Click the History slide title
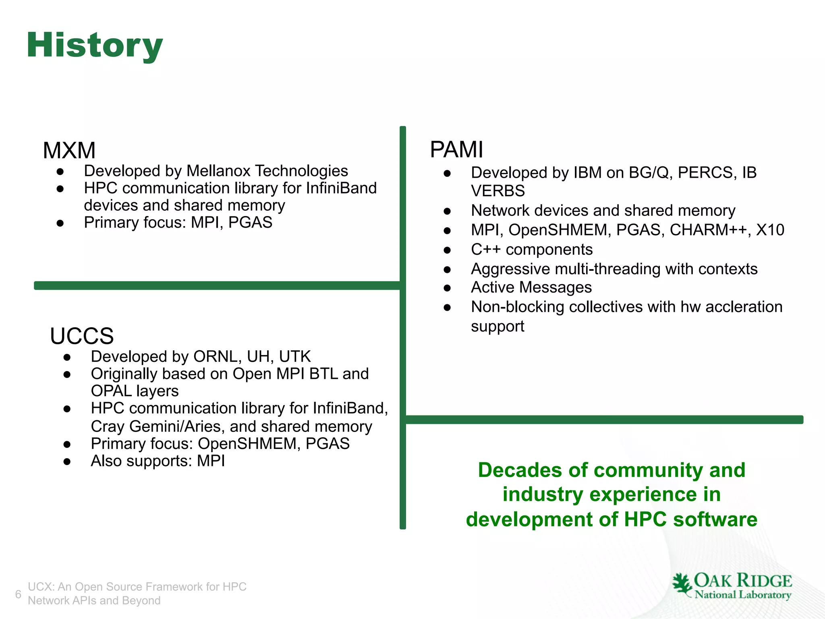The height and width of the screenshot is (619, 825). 95,45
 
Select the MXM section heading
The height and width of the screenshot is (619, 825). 69,150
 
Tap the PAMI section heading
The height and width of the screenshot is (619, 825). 456,150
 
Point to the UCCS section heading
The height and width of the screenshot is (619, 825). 82,336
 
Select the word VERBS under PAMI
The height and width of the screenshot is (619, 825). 498,191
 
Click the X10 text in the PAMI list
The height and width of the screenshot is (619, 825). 770,230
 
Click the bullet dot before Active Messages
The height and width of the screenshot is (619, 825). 447,288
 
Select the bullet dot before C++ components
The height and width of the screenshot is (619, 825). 447,250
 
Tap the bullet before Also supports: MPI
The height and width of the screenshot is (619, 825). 67,461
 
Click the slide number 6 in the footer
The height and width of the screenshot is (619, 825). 18,594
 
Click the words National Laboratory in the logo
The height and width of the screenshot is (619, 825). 743,595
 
